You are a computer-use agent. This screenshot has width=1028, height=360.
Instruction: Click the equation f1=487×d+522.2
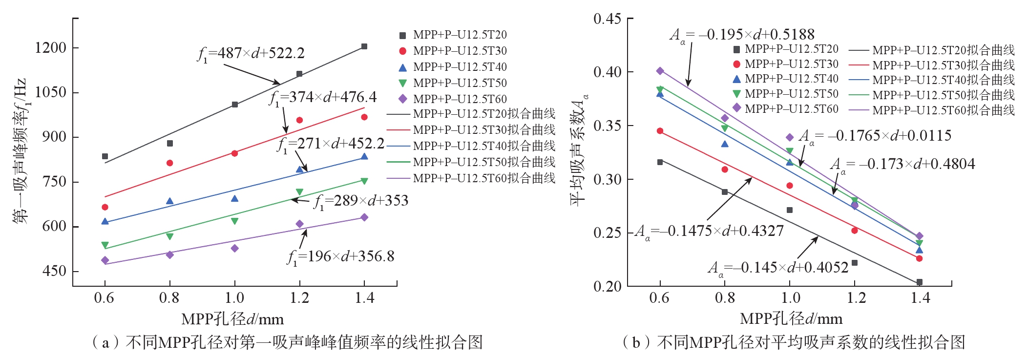[251, 53]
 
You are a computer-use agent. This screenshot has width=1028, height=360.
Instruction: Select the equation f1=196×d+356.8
[341, 256]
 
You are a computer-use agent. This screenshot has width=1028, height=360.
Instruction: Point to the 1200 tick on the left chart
[50, 48]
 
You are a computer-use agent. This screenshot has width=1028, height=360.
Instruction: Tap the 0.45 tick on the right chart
[607, 19]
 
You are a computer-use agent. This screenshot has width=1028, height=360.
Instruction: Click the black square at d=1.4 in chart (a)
[364, 46]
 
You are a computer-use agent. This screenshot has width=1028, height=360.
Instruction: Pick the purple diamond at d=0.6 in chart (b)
[660, 71]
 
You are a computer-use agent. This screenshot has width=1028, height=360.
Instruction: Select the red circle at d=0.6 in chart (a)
[105, 207]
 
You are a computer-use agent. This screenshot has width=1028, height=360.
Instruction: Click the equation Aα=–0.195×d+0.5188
[742, 35]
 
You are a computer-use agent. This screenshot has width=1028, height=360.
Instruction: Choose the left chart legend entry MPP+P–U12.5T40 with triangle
[453, 67]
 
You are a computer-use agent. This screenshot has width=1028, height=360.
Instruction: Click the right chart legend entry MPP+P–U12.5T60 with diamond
[786, 108]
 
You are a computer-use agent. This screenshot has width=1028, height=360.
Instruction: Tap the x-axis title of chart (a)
[232, 319]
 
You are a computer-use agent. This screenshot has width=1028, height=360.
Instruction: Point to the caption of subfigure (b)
[794, 342]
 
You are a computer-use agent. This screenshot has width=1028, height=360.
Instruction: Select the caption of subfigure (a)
[287, 342]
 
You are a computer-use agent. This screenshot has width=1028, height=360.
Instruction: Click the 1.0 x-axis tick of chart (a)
[234, 297]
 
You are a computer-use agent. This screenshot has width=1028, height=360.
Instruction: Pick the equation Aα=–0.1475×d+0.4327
[709, 231]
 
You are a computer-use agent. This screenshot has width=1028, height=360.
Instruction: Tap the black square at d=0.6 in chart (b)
[660, 162]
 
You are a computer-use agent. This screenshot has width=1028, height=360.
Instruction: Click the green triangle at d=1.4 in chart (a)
[364, 181]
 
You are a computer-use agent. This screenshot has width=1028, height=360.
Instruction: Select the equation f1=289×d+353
[361, 201]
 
